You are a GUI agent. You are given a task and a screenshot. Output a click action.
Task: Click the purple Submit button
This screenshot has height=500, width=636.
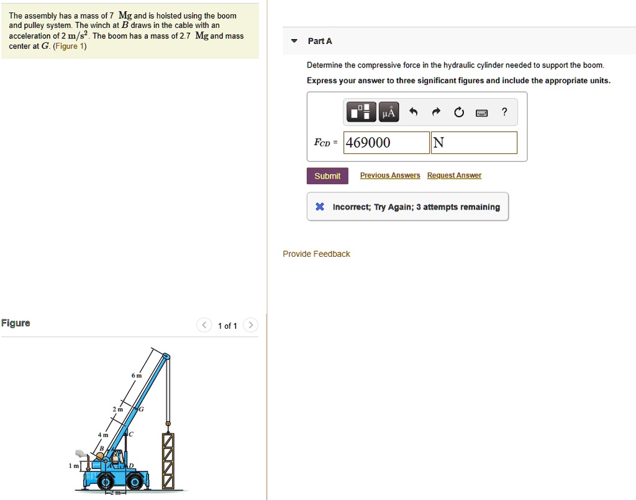(327, 176)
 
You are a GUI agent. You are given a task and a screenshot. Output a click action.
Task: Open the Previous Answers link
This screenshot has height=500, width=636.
(390, 176)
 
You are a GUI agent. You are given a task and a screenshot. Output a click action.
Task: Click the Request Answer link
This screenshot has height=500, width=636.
(454, 176)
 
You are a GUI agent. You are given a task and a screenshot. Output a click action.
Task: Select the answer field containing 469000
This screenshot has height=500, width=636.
(387, 143)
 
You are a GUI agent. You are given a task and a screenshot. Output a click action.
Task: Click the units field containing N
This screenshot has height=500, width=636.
(474, 143)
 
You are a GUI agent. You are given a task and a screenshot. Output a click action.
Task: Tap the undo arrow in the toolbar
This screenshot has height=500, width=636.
(414, 112)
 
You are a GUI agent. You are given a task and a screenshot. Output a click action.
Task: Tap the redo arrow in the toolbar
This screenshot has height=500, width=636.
(437, 112)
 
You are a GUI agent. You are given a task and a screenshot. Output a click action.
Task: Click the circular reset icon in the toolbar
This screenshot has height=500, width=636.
(459, 112)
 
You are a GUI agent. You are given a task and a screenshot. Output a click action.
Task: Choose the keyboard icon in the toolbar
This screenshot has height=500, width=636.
(481, 112)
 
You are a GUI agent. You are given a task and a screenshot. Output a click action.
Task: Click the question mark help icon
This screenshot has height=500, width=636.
(504, 112)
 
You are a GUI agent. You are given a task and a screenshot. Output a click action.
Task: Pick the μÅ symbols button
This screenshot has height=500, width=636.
(389, 112)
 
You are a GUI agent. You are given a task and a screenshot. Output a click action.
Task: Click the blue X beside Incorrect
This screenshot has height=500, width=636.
(319, 207)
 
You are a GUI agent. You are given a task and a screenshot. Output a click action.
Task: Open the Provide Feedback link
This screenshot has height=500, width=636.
(316, 254)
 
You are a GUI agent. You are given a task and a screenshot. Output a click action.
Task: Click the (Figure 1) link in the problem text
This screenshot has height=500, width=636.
(70, 46)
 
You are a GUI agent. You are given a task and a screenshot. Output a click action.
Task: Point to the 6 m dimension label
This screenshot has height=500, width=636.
(137, 376)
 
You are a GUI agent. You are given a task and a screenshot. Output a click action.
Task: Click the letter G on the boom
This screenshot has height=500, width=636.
(141, 409)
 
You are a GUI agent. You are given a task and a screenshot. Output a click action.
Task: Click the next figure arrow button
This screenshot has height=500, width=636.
(250, 326)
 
